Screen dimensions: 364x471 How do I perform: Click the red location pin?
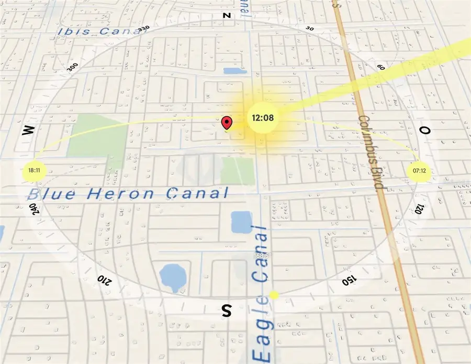(227, 123)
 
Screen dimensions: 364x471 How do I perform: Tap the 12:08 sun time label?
(263, 117)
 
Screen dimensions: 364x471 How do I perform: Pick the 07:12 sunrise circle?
(419, 170)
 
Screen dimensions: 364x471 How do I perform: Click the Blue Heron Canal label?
(129, 194)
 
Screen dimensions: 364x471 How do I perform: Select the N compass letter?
(227, 16)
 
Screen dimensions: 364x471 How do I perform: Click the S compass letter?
(227, 311)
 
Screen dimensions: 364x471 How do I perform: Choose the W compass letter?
(28, 131)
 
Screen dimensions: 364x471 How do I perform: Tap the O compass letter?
(425, 130)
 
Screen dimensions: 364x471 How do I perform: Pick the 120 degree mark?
(419, 209)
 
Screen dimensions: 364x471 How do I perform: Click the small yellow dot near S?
(274, 295)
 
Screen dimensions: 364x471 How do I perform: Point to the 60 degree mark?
(380, 67)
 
